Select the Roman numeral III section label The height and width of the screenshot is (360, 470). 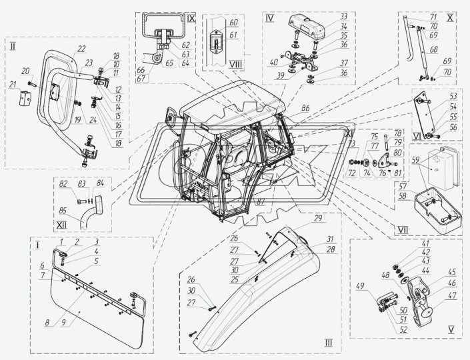tap(328, 343)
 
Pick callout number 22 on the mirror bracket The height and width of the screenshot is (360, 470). tap(81, 49)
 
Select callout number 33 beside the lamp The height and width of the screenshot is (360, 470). tap(325, 17)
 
